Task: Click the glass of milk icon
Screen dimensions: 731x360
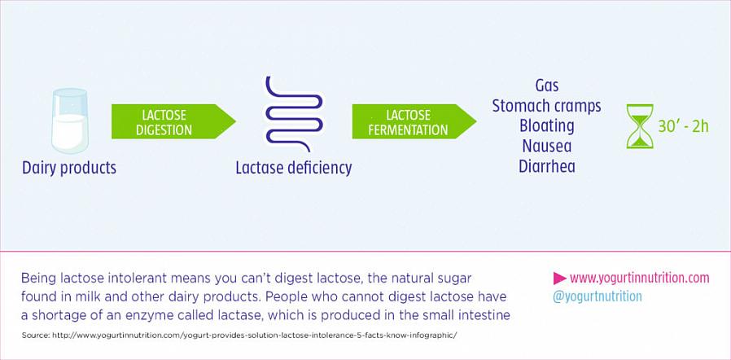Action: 69,121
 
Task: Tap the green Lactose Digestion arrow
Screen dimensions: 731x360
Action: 173,121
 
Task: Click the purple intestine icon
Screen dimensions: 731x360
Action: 294,114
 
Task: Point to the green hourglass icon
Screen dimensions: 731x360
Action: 640,126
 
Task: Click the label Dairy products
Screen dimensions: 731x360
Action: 69,168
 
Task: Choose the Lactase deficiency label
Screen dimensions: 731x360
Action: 294,168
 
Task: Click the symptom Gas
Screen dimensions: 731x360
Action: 547,86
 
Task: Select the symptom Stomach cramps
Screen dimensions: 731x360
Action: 547,106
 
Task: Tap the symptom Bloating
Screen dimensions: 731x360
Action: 547,126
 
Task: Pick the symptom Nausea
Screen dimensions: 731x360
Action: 547,146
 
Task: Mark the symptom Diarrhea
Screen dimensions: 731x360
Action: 547,166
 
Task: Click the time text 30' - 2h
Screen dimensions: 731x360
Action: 683,126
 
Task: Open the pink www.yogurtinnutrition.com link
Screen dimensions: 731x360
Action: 639,279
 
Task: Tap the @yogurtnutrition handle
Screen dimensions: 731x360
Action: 597,296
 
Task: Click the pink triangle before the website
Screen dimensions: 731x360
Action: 559,279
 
